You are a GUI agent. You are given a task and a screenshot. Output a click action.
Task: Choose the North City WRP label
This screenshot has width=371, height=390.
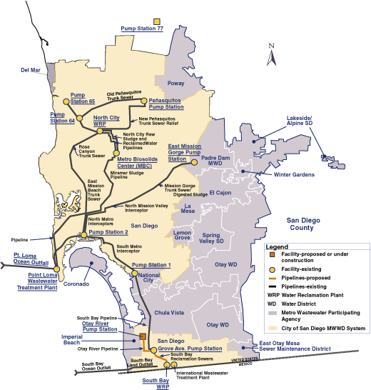tap(106, 120)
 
